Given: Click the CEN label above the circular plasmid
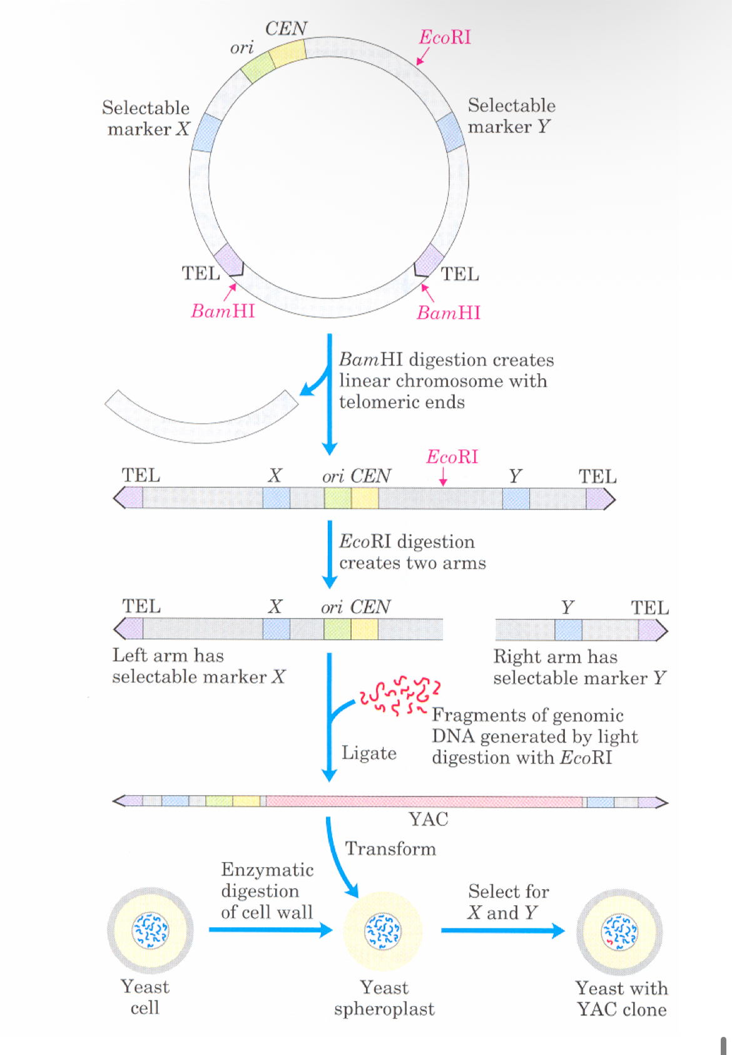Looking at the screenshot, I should point(286,29).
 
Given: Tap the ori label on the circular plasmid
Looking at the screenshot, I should point(241,48).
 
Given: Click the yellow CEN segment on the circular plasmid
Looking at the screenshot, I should point(288,53).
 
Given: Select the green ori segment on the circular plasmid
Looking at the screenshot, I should point(258,66).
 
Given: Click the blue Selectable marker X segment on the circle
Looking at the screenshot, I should point(206,133).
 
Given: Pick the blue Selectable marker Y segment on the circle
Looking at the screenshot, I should point(450,131).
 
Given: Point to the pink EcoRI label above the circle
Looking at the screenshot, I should point(445,38).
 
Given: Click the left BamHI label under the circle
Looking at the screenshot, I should point(223,311).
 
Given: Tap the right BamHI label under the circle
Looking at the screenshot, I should point(449,312).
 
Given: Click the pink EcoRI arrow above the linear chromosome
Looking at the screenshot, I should point(443,476).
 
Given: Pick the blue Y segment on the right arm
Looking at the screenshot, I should point(568,630).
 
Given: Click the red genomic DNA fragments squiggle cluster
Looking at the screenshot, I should point(400,694).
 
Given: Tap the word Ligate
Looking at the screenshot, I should point(369,753).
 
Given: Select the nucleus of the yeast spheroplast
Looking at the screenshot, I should point(382,931).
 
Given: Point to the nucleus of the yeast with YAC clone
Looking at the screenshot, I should point(619,932).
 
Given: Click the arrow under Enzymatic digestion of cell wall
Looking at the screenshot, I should point(270,930).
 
